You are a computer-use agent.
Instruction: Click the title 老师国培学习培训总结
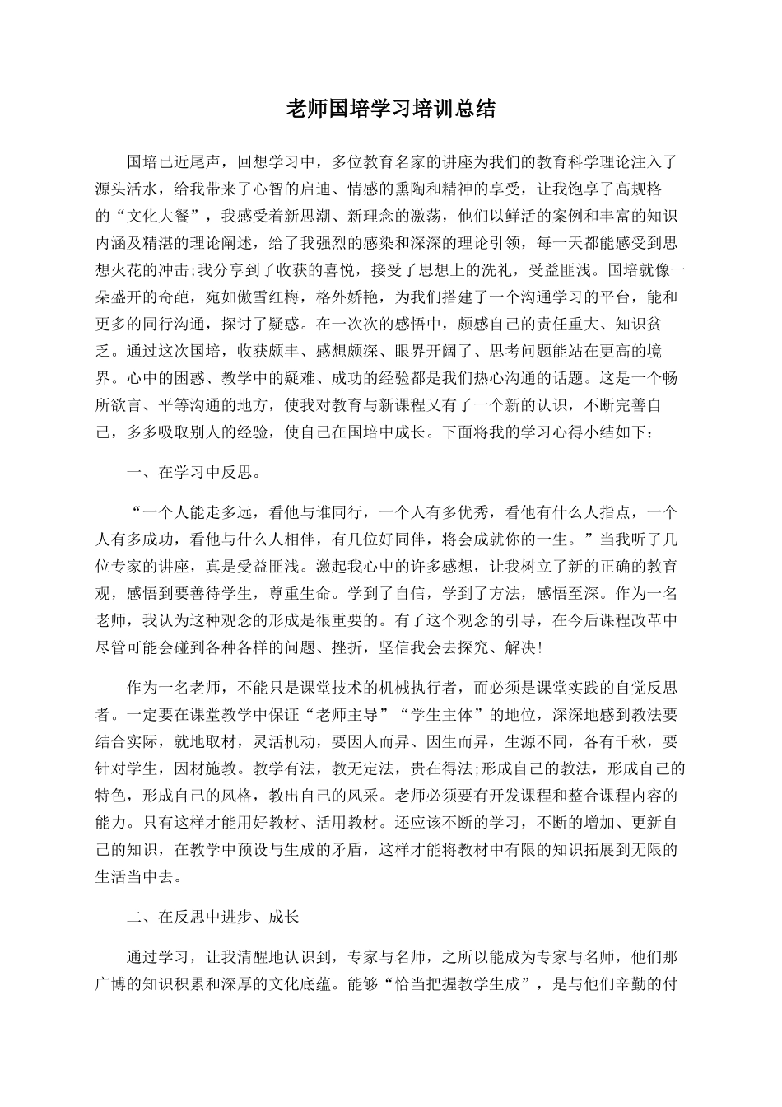(x=390, y=109)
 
